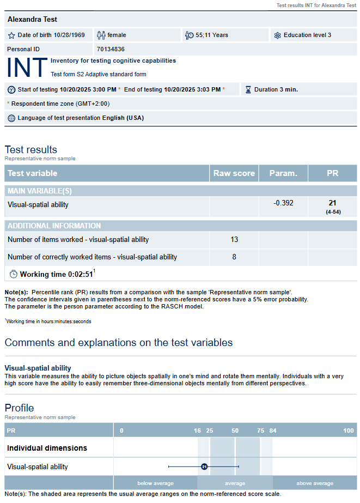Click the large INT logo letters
pos(27,67)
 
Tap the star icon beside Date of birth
pos(11,35)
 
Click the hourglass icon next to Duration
pos(248,89)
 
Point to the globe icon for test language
pos(11,118)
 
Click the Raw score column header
pos(234,173)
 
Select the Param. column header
pos(283,173)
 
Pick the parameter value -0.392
pos(283,203)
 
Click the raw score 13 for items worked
pos(234,239)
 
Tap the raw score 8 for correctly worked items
pos(234,257)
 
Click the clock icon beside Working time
pos(14,274)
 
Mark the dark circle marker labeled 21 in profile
pos(204,466)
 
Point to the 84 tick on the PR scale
pos(273,431)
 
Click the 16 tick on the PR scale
pos(197,431)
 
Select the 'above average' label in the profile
pos(315,483)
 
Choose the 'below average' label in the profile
pos(156,483)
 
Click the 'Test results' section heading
pos(31,149)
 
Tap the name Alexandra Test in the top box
pos(32,20)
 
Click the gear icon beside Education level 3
pos(277,35)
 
